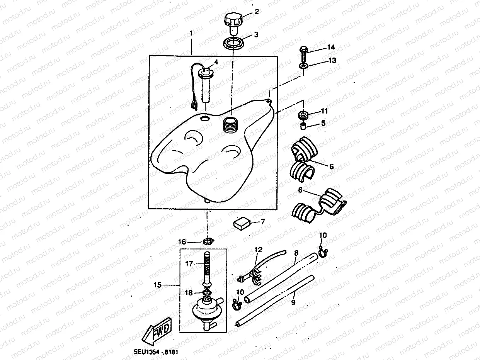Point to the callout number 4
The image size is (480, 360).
point(216,62)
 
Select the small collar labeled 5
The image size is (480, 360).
point(304,126)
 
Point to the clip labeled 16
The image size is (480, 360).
point(208,242)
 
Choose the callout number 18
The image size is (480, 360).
point(189,293)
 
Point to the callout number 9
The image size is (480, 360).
point(293,302)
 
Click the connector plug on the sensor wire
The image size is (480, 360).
point(194,104)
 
